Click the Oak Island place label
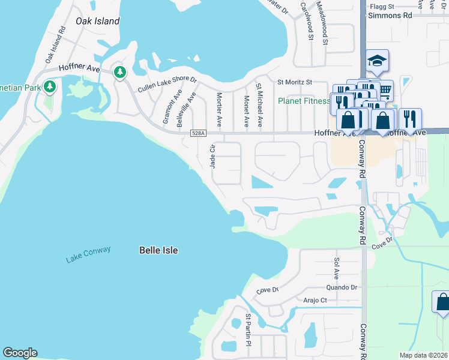tap(97, 21)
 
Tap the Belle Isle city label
tap(158, 250)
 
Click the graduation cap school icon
tap(377, 61)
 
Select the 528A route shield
tap(198, 133)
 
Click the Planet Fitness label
tap(304, 101)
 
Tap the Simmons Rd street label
tap(392, 15)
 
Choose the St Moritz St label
tap(294, 82)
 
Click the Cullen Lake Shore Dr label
tap(167, 85)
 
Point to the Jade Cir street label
tap(212, 156)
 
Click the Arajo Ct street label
tap(315, 300)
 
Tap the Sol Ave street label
tap(336, 265)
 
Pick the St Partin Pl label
tap(247, 330)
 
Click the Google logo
tap(20, 353)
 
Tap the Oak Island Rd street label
tap(55, 46)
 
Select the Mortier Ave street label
tap(220, 109)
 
